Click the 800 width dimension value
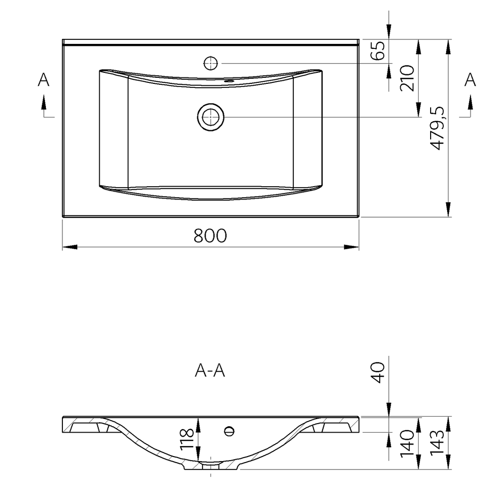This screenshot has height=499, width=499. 211,236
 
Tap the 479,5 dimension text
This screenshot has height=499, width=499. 437,128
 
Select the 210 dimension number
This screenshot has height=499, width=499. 407,78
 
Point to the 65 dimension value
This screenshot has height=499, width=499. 378,50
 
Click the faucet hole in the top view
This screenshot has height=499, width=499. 211,63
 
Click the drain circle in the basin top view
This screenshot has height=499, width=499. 211,117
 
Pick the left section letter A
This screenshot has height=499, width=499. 43,79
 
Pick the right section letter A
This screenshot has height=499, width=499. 470,79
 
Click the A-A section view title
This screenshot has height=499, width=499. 210,370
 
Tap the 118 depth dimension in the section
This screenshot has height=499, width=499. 187,440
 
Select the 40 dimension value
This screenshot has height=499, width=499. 378,373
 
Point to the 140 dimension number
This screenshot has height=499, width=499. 407,444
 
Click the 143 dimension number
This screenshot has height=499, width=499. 437,443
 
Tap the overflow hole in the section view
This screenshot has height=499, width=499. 229,431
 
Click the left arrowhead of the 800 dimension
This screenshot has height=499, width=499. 70,247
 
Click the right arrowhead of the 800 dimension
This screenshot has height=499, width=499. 351,247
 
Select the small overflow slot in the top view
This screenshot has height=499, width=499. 229,81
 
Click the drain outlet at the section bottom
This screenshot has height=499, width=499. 211,466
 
